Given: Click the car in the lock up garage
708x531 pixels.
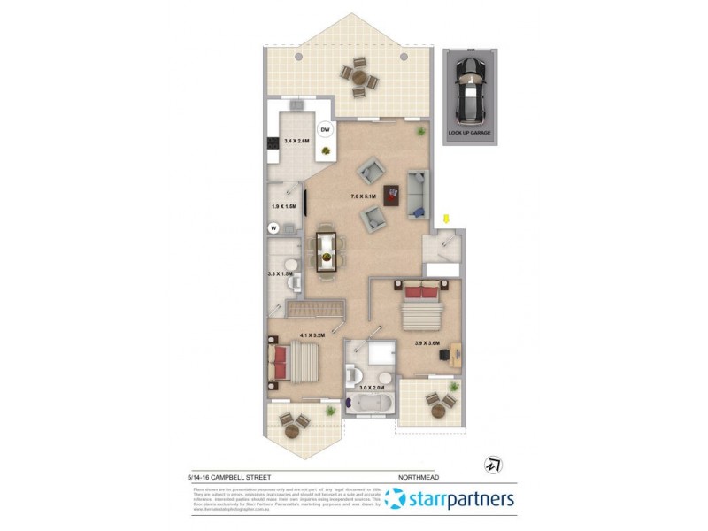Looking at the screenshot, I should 469,91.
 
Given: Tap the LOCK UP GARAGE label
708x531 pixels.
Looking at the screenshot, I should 469,133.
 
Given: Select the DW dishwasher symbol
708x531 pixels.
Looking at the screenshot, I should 325,131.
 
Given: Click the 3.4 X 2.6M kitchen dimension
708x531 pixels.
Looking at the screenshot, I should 296,141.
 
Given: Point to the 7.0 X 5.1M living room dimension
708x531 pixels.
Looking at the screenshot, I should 364,196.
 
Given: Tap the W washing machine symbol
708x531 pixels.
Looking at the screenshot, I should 273,227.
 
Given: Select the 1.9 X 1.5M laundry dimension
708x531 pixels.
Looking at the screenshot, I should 283,207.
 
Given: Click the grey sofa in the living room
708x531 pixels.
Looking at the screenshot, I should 417,193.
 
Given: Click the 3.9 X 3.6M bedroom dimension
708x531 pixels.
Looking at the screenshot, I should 427,343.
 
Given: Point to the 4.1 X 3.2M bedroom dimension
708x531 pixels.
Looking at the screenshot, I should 313,335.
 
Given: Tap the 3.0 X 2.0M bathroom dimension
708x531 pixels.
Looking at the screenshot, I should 372,388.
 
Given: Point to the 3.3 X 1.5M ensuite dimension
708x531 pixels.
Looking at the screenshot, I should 281,274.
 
